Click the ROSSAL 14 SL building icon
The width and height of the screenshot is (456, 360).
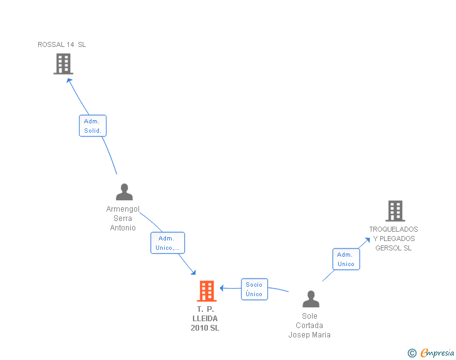pyautogui.click(x=63, y=64)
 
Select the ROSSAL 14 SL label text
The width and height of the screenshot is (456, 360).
pyautogui.click(x=62, y=44)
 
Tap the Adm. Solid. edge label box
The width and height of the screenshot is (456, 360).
pyautogui.click(x=93, y=126)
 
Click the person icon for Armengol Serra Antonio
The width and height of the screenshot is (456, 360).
pyautogui.click(x=124, y=192)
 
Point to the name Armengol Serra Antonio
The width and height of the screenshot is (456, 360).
pyautogui.click(x=123, y=219)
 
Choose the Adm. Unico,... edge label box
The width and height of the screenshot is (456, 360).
pyautogui.click(x=167, y=243)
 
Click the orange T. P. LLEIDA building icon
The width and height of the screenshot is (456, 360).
pyautogui.click(x=206, y=291)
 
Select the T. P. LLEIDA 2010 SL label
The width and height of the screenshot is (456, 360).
pyautogui.click(x=205, y=319)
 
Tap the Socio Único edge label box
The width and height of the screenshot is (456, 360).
pyautogui.click(x=254, y=289)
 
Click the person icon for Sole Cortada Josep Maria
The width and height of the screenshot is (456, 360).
pyautogui.click(x=310, y=299)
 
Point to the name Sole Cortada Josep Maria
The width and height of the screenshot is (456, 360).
pyautogui.click(x=309, y=326)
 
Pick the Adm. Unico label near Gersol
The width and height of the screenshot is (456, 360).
pyautogui.click(x=346, y=259)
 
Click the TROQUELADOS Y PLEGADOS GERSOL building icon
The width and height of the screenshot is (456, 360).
pyautogui.click(x=395, y=212)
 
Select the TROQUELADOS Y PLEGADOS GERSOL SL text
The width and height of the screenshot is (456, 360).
pyautogui.click(x=393, y=239)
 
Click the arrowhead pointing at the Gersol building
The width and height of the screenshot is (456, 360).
pyautogui.click(x=368, y=240)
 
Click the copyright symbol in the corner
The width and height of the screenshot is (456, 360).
pyautogui.click(x=412, y=353)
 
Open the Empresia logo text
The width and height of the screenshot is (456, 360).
pyautogui.click(x=437, y=353)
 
